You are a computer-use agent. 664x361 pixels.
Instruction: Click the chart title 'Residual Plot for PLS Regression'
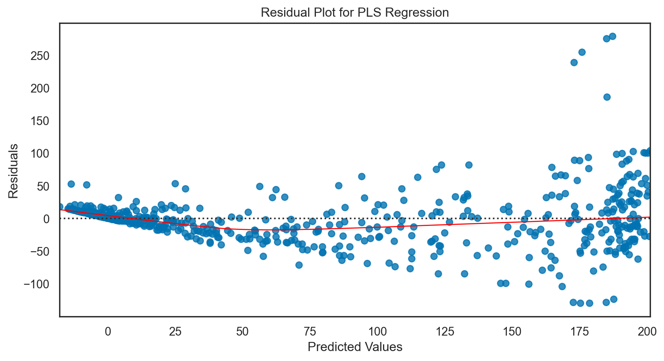tap(355, 13)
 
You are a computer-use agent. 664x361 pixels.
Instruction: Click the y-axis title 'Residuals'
tap(13, 171)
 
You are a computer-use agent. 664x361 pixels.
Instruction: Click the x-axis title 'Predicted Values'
tap(355, 347)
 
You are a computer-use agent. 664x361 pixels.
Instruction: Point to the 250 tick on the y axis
tap(40, 56)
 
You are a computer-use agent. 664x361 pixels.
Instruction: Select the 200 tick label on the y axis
tap(40, 89)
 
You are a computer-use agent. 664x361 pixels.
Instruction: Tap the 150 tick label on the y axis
tap(40, 121)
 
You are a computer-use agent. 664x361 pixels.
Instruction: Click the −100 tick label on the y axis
tap(37, 284)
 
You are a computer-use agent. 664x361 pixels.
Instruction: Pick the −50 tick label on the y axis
tap(39, 251)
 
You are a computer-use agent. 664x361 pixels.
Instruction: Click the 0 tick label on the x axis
tap(108, 332)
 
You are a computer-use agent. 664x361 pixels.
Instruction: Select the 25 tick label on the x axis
tap(175, 332)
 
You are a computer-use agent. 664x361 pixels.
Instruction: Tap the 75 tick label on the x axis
tap(310, 332)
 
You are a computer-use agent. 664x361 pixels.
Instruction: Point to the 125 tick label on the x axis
tap(445, 332)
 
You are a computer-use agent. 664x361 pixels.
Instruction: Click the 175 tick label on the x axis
tap(579, 332)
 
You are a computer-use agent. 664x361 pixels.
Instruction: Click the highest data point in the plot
tap(612, 36)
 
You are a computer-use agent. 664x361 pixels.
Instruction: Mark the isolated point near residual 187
tap(607, 97)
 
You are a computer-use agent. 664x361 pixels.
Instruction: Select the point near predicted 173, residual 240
tap(574, 62)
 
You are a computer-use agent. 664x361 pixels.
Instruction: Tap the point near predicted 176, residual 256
tap(582, 52)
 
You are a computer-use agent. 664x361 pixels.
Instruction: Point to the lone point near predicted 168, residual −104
tap(562, 286)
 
